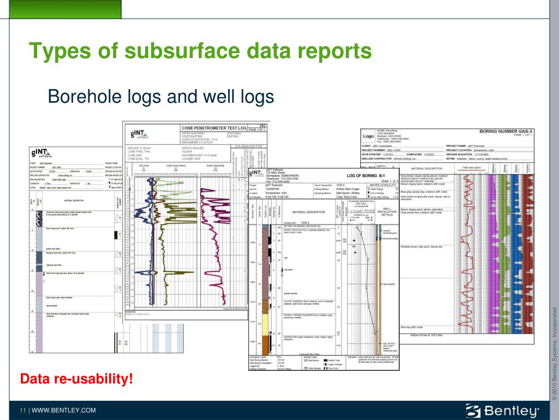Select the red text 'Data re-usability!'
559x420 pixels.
coord(76,378)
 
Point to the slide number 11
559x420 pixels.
coord(23,410)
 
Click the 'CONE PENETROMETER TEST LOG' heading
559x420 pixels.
coord(213,128)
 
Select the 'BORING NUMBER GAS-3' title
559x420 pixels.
coord(506,132)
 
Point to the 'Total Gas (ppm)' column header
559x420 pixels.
coord(471,167)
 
